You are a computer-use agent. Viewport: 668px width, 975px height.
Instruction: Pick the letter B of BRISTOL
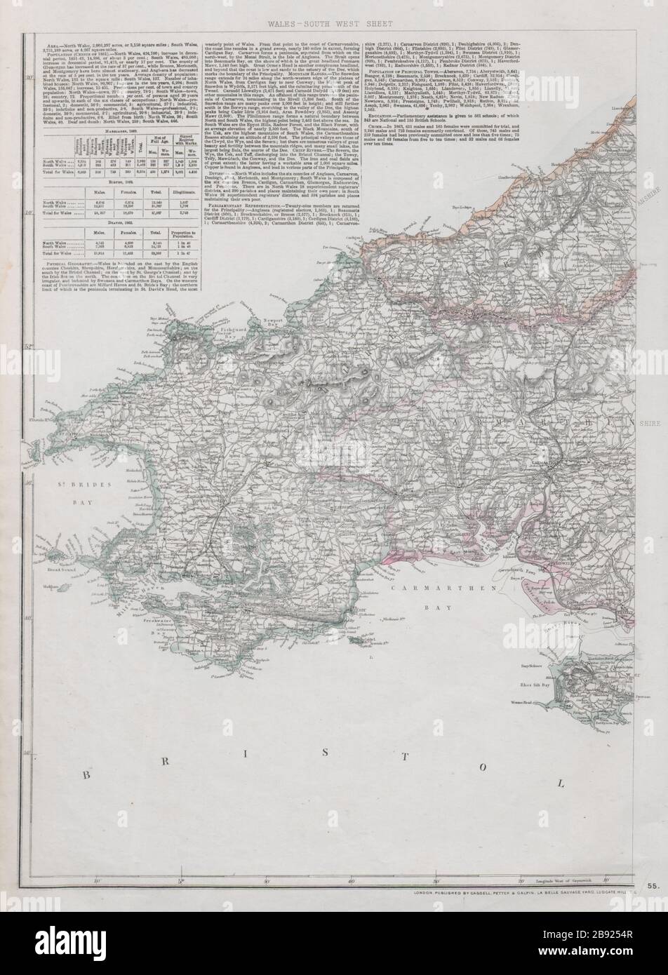pos(87,775)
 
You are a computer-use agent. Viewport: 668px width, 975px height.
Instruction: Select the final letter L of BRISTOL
pos(559,784)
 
